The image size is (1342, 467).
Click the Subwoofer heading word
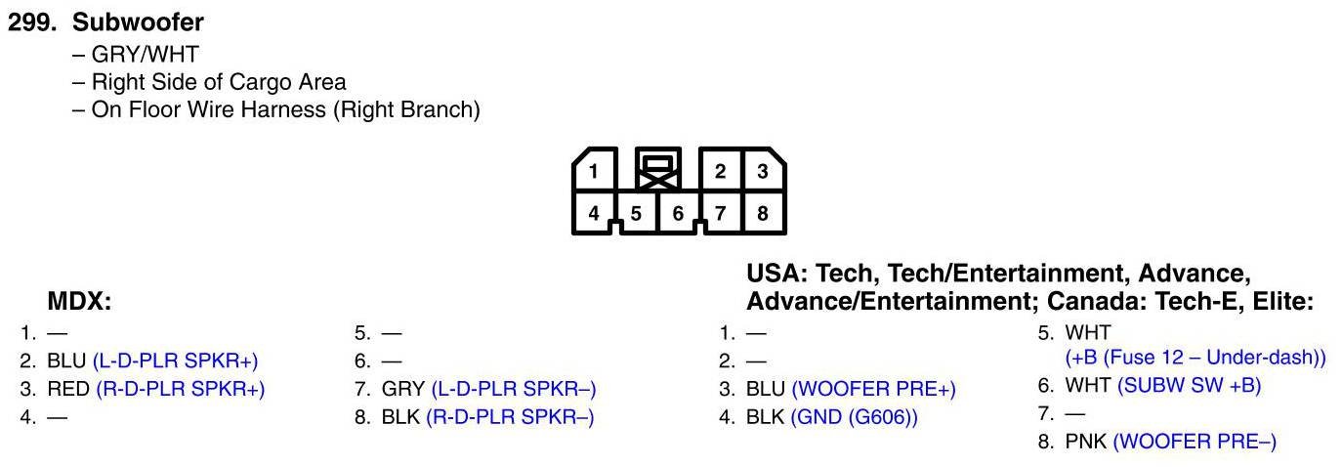138,22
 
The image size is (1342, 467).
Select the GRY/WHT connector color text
145,55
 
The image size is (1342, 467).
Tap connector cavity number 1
594,171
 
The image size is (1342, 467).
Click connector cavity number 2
720,171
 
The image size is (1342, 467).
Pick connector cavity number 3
762,171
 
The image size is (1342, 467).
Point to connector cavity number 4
594,212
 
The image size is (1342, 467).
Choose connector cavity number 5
636,213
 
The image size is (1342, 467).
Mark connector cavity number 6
678,213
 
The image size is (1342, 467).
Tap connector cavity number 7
720,212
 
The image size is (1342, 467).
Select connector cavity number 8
762,212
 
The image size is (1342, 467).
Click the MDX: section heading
79,302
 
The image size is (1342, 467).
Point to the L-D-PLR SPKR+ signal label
176,361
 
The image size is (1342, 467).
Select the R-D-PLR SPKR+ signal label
181,389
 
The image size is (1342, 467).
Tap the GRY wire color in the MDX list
402,389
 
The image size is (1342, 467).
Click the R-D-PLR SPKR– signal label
510,417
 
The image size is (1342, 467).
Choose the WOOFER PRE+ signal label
873,389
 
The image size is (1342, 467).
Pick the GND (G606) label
855,417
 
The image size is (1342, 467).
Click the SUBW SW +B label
1190,385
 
